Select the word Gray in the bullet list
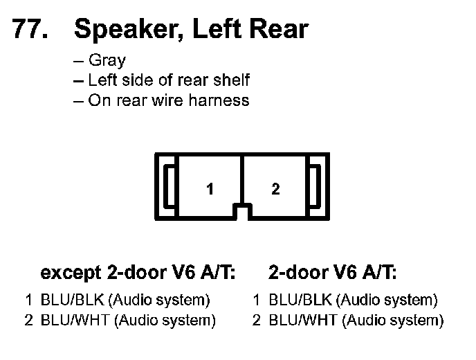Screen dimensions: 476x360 click(107, 61)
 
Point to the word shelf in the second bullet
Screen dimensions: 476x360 click(231, 80)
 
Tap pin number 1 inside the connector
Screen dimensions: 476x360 click(209, 189)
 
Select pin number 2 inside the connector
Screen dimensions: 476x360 click(275, 189)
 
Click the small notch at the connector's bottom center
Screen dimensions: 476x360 click(241, 210)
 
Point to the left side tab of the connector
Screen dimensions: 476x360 click(168, 187)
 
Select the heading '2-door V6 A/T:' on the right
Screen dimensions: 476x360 click(333, 273)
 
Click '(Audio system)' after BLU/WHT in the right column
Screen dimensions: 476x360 click(393, 321)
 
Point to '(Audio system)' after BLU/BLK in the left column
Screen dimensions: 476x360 click(159, 300)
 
